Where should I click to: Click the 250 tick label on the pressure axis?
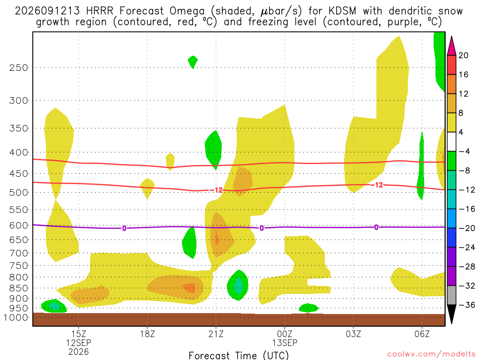[19, 67]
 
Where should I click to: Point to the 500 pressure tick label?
[19, 193]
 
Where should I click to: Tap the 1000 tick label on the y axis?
[16, 318]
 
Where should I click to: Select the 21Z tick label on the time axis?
[216, 334]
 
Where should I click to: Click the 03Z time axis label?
[353, 334]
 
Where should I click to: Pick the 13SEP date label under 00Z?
[285, 343]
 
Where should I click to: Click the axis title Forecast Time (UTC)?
[239, 355]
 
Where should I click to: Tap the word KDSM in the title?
[343, 11]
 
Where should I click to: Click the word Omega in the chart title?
[187, 11]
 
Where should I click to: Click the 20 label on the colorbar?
[463, 55]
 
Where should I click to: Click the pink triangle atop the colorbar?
[451, 46]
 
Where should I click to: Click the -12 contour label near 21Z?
[216, 190]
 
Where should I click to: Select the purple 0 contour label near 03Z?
[376, 227]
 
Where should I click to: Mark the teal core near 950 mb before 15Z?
[54, 306]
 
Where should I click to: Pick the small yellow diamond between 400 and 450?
[170, 161]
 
